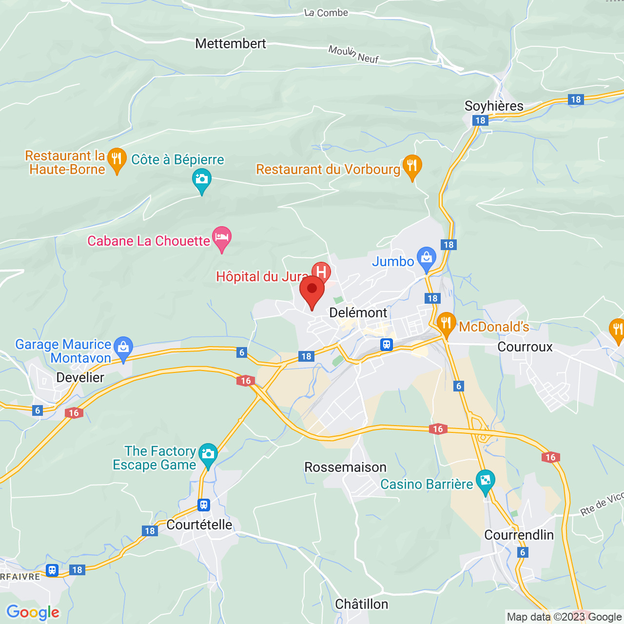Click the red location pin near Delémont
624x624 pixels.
[312, 290]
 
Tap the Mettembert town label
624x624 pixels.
[231, 43]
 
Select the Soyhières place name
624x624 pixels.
[494, 106]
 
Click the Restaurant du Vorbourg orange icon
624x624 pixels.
[412, 166]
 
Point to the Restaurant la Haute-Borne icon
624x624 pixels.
[117, 159]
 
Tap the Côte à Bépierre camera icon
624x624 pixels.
[201, 179]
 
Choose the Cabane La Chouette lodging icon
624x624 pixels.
[222, 238]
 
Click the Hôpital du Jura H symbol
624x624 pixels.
[321, 272]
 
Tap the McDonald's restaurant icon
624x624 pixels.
[446, 324]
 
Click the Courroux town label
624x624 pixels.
[525, 347]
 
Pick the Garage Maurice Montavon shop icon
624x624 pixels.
[123, 348]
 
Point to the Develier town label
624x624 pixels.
[80, 377]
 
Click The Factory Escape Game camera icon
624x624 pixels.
[208, 454]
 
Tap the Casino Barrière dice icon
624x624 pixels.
[486, 481]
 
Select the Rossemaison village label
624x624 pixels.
[345, 467]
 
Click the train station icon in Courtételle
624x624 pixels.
[204, 505]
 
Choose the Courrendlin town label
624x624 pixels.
[519, 535]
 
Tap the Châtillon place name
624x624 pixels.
[362, 604]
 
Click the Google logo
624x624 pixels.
[33, 612]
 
